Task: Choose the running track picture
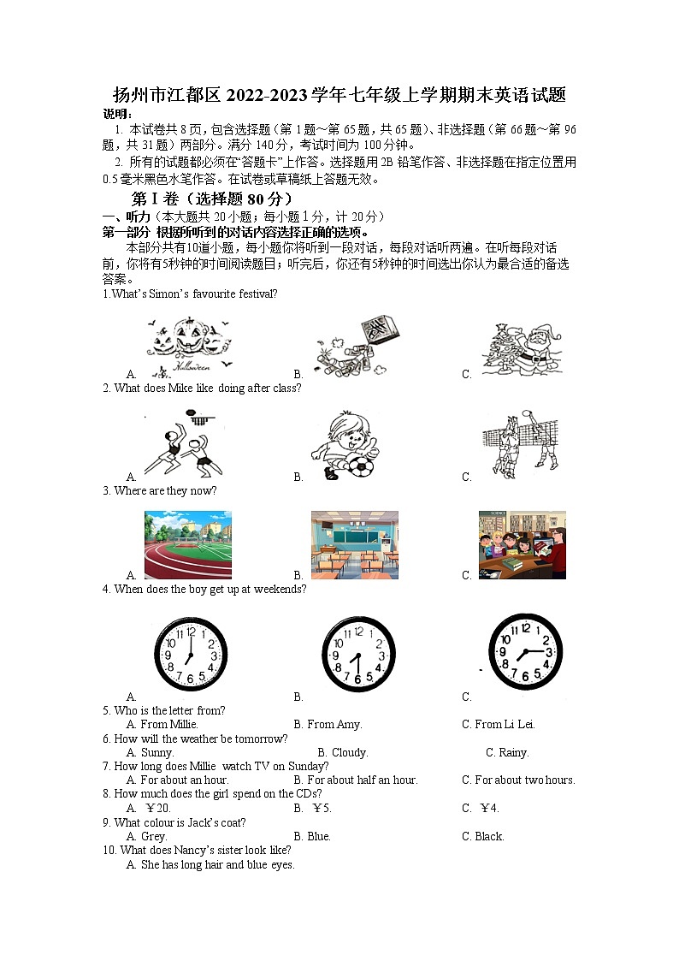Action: tap(187, 545)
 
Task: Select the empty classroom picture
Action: tap(354, 545)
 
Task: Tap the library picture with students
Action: tap(522, 545)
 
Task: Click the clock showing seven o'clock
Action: tap(190, 654)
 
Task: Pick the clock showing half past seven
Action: tap(357, 654)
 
